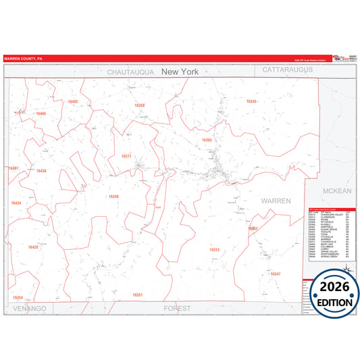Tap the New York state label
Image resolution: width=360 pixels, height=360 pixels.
[180, 71]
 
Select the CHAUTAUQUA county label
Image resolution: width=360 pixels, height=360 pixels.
[132, 71]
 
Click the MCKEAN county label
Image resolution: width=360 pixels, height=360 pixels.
[337, 191]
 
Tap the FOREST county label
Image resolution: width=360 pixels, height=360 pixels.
[178, 308]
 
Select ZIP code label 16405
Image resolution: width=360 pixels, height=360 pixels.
[41, 113]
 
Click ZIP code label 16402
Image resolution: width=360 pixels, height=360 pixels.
[73, 101]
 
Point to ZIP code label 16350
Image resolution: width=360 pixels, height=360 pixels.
[139, 105]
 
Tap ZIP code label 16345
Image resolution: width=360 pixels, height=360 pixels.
[252, 101]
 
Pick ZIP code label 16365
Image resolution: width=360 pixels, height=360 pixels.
[207, 140]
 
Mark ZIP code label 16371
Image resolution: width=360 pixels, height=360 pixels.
[126, 156]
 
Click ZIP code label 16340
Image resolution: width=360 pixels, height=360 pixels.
[113, 197]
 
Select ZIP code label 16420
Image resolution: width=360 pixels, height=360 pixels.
[33, 247]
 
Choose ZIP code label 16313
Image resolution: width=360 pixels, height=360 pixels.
[214, 250]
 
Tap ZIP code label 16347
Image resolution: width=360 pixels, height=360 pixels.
[275, 274]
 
